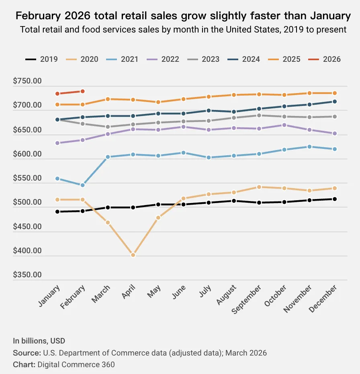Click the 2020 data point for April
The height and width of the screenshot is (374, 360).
[x=133, y=255]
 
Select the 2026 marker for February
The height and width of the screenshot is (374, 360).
[x=82, y=91]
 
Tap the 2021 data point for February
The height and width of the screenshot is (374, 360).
[x=82, y=185]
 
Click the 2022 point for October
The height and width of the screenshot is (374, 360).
[x=284, y=125]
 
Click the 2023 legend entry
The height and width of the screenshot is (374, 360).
[x=204, y=59]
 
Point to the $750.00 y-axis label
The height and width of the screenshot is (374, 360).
[x=27, y=81]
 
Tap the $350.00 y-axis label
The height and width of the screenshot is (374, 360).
[x=27, y=275]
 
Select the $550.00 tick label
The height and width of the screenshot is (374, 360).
[x=27, y=178]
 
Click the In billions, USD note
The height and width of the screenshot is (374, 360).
[x=39, y=341]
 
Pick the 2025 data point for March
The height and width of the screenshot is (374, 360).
[x=108, y=99]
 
